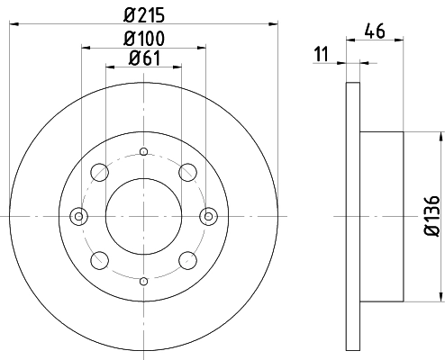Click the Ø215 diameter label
pos(143,13)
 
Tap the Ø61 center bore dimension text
pos(143,60)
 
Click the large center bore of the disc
pos(143,216)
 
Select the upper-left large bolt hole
pos(100,172)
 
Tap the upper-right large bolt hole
pos(187,172)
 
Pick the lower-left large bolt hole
pos(100,260)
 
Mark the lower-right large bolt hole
pos(187,260)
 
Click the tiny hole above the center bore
pos(143,152)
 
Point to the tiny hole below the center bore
pos(143,281)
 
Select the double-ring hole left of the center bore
pos(78,216)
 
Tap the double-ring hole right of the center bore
pos(209,216)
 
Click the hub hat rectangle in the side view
pos(382,216)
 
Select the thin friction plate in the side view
pos(353,216)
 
